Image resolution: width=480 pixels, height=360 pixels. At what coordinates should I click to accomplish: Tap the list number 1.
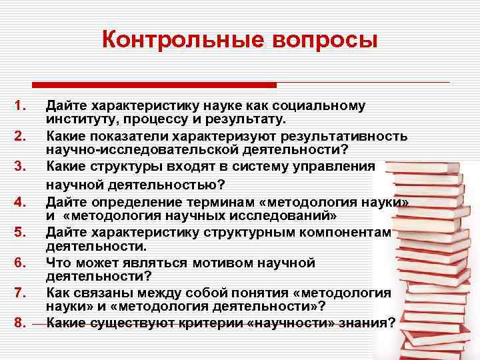coord(20,105)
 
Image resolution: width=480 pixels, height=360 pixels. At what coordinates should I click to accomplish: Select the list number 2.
coord(20,137)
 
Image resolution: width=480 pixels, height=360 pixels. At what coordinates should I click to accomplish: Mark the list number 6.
coord(20,263)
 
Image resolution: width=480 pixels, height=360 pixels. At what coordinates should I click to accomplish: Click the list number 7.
coord(20,293)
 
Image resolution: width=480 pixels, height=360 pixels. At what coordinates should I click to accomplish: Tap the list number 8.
coord(20,323)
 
